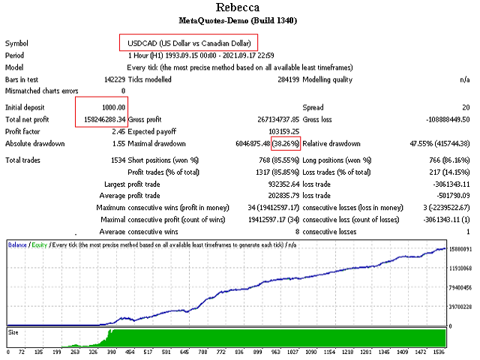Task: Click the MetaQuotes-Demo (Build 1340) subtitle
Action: point(240,20)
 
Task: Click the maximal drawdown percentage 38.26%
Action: point(286,142)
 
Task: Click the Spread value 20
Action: point(465,107)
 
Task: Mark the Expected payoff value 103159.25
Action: point(279,130)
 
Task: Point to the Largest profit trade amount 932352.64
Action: point(280,184)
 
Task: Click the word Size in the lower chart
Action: point(14,331)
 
